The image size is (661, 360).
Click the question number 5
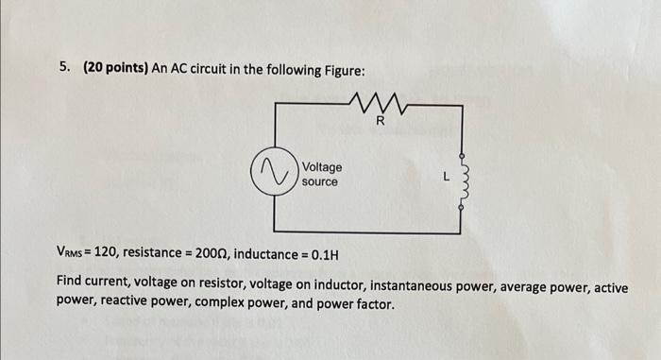[63, 68]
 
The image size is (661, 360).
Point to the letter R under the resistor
[381, 121]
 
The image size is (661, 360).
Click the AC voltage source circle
[274, 173]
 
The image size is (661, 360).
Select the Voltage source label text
[321, 174]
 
